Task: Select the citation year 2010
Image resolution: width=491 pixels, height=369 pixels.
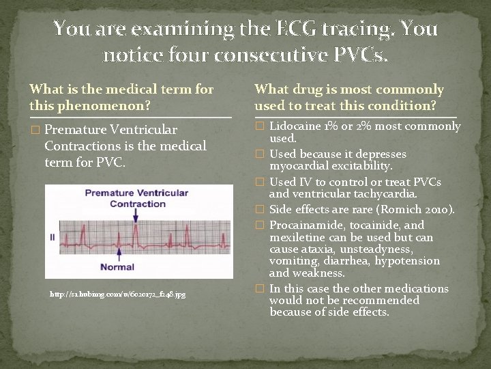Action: pyautogui.click(x=431, y=209)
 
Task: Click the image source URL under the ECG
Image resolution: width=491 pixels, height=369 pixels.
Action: pyautogui.click(x=117, y=294)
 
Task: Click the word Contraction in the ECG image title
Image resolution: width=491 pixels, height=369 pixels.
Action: pyautogui.click(x=137, y=204)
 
